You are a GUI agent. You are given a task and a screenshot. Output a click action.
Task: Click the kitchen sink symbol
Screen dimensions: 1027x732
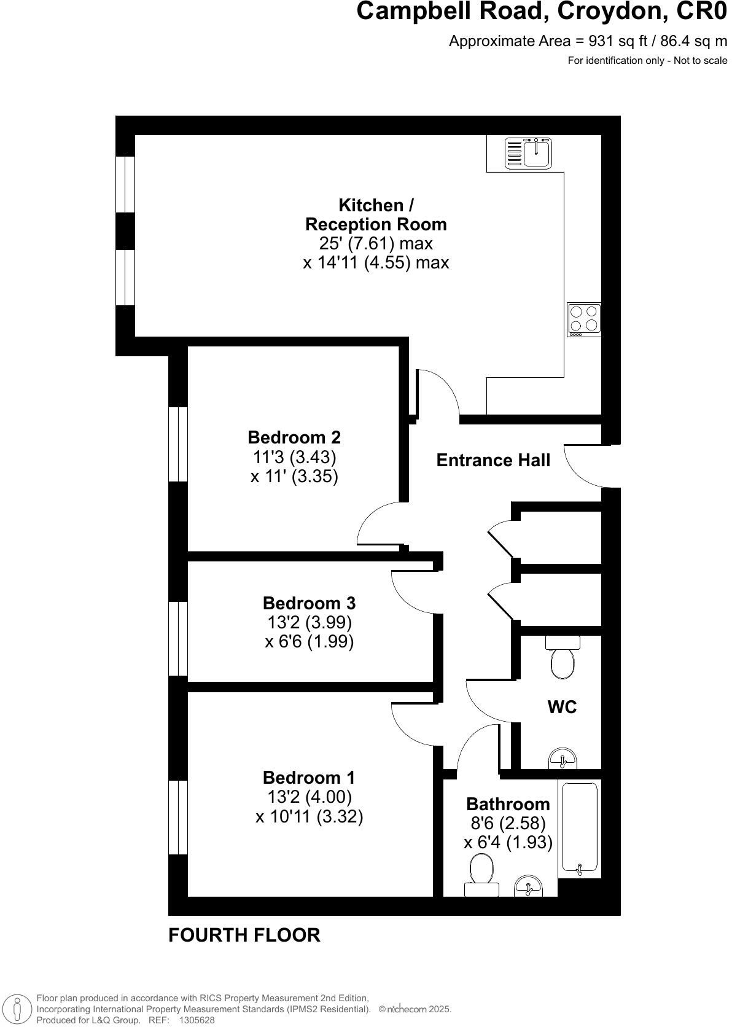click(529, 153)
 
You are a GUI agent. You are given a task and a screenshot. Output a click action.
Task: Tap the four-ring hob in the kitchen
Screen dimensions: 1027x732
click(583, 319)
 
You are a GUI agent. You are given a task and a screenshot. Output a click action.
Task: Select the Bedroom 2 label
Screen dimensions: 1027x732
click(294, 437)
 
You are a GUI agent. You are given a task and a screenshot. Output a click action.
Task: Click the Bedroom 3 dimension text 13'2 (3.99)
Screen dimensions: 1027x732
click(310, 622)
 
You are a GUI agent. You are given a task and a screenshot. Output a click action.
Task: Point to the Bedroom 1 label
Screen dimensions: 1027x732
click(308, 777)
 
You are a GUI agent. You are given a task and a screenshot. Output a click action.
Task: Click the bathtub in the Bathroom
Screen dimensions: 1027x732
click(580, 827)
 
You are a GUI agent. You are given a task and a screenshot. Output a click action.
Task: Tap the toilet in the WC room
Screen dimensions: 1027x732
click(563, 658)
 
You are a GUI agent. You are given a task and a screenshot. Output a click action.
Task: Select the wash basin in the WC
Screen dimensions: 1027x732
click(563, 759)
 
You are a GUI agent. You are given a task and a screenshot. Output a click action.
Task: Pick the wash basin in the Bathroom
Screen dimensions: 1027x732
click(528, 885)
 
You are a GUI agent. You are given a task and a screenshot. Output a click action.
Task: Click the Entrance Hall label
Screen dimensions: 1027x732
click(493, 460)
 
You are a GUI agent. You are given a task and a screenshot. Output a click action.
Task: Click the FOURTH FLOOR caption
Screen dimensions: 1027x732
click(244, 935)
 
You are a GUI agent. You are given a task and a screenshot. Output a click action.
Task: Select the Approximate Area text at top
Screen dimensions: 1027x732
click(588, 41)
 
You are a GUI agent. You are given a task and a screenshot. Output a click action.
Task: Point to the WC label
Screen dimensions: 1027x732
click(562, 707)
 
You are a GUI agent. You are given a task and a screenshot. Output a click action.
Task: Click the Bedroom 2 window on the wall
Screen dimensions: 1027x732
click(178, 443)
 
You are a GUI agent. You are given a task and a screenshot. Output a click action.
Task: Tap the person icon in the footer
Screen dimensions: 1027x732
click(17, 1009)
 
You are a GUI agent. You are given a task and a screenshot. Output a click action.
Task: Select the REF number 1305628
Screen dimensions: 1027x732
click(197, 1020)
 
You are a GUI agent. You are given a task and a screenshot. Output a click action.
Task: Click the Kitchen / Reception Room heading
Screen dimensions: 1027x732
click(376, 214)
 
